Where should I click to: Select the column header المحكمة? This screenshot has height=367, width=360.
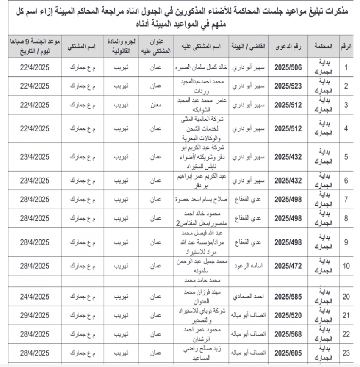tap(323, 46)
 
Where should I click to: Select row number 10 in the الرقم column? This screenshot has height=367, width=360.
tap(346, 266)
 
